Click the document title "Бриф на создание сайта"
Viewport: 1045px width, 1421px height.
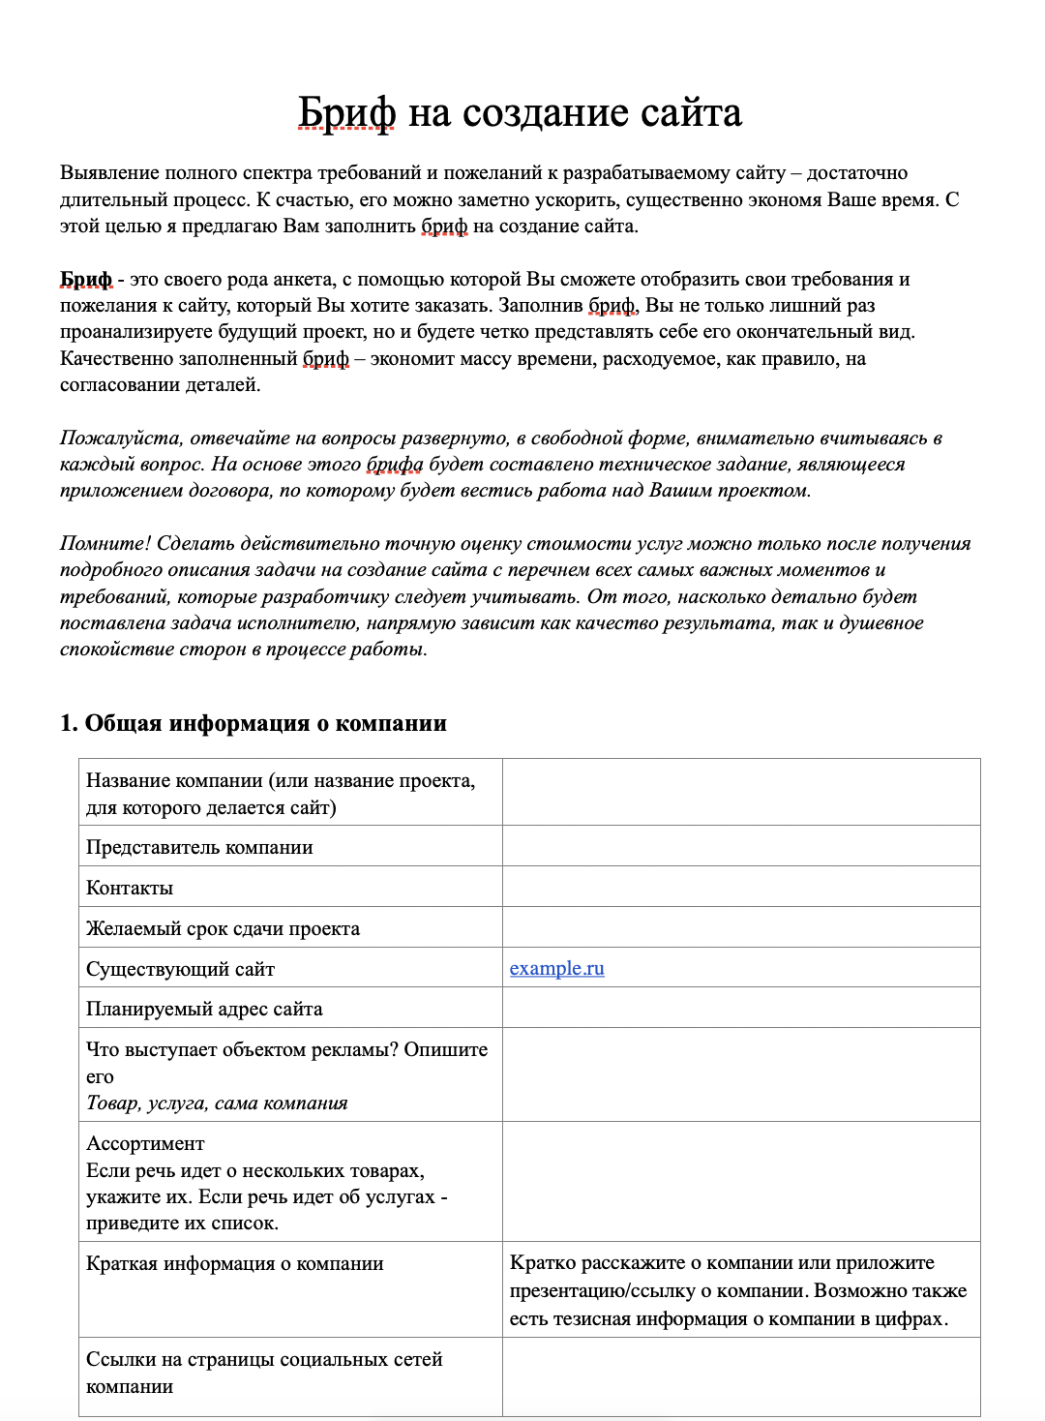(520, 113)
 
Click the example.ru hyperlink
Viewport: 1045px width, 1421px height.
(556, 968)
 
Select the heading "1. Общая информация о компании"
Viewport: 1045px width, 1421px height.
(254, 723)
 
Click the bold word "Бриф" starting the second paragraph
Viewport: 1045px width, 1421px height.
(86, 280)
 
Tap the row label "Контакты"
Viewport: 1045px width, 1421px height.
(130, 888)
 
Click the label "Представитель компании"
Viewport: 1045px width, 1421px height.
(199, 847)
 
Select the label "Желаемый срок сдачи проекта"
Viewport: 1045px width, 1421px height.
(223, 928)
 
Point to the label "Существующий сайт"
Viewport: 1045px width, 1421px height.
(180, 969)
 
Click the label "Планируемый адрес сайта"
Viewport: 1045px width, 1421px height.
(204, 1009)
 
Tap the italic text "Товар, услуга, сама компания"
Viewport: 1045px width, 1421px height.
(217, 1103)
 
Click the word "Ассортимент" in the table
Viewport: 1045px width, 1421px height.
(145, 1143)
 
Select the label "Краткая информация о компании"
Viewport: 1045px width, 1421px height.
(235, 1263)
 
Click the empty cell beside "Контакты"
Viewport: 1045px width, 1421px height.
(740, 887)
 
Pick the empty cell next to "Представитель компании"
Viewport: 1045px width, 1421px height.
(740, 846)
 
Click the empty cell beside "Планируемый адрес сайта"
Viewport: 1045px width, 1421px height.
(740, 1008)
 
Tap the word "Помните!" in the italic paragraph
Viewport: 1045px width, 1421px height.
(105, 544)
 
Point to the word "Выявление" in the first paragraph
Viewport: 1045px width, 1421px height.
(108, 173)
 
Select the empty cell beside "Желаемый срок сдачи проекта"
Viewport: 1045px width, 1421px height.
(740, 927)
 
